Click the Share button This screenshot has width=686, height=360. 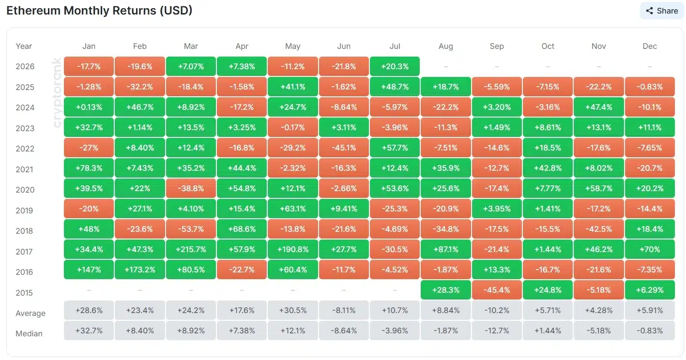(662, 11)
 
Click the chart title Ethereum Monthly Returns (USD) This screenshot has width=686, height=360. (99, 11)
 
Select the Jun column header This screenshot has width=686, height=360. (344, 46)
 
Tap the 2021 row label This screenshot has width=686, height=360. (25, 169)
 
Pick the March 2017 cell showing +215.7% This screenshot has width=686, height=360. (191, 250)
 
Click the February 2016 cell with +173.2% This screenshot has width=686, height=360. (140, 270)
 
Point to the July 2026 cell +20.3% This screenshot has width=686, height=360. (395, 66)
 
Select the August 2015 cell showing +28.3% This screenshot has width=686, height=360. (445, 290)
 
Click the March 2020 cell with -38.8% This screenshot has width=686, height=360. (191, 188)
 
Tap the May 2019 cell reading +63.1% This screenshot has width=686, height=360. (293, 209)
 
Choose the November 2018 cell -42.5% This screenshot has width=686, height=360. (599, 229)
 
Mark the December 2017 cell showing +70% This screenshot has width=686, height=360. (650, 250)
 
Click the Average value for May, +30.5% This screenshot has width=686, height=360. (293, 311)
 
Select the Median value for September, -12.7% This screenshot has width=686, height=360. (497, 330)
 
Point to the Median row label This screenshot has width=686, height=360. (29, 333)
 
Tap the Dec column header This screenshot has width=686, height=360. (650, 46)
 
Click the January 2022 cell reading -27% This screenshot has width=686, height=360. (89, 148)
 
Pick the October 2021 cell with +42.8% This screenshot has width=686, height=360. (548, 168)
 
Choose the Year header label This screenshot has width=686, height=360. (24, 46)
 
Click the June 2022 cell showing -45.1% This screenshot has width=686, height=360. (344, 148)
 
